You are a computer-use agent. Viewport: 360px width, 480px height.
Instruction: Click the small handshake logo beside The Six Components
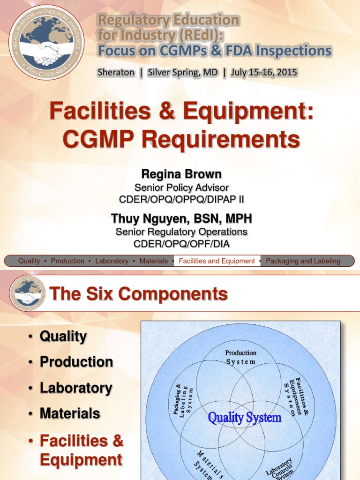click(x=28, y=294)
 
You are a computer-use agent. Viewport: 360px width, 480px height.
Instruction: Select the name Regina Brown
click(x=181, y=174)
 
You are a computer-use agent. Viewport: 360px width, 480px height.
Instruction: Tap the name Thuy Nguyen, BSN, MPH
click(x=181, y=218)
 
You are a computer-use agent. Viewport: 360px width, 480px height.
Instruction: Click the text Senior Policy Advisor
click(x=181, y=187)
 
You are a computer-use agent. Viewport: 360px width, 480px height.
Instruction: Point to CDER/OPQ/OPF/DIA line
click(x=181, y=244)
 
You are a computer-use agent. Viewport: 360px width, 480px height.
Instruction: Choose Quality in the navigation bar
click(x=29, y=261)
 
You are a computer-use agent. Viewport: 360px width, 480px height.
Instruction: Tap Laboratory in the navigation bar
click(x=112, y=261)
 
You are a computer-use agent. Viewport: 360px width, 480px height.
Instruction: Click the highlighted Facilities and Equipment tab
click(x=217, y=261)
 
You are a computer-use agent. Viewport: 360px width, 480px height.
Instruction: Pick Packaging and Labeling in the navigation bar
click(x=303, y=261)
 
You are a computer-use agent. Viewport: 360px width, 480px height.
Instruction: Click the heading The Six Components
click(x=138, y=294)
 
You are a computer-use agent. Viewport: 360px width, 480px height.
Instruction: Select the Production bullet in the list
click(x=76, y=362)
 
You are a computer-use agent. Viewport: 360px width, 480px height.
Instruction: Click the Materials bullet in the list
click(x=70, y=413)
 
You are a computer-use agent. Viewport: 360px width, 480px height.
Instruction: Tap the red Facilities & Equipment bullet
click(x=81, y=450)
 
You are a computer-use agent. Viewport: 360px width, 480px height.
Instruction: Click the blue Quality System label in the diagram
click(x=245, y=417)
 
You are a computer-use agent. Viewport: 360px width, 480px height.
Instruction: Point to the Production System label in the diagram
click(x=240, y=357)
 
